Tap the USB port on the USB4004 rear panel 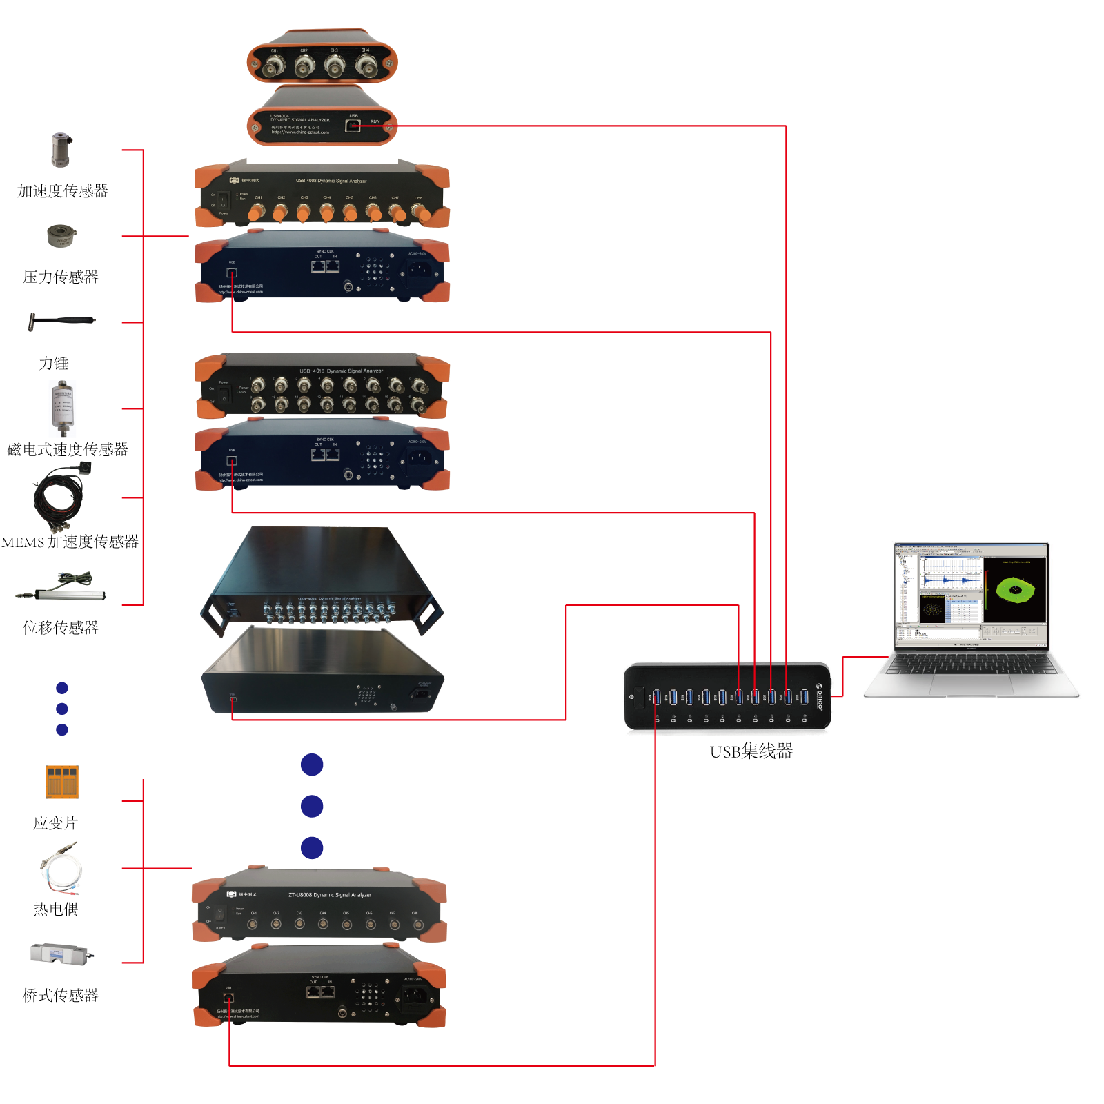click(353, 126)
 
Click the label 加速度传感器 click(63, 191)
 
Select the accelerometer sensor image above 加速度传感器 click(61, 150)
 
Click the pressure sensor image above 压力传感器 click(61, 235)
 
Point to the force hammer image click(61, 322)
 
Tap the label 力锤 click(54, 363)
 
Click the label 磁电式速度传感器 click(68, 450)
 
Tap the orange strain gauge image click(62, 782)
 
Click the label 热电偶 click(56, 909)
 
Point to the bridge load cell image click(61, 954)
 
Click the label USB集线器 click(751, 751)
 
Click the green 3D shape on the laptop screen click(1015, 590)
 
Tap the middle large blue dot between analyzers click(312, 806)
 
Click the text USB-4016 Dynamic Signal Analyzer click(341, 371)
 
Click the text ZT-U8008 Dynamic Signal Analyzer click(330, 895)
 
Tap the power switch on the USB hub click(639, 697)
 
